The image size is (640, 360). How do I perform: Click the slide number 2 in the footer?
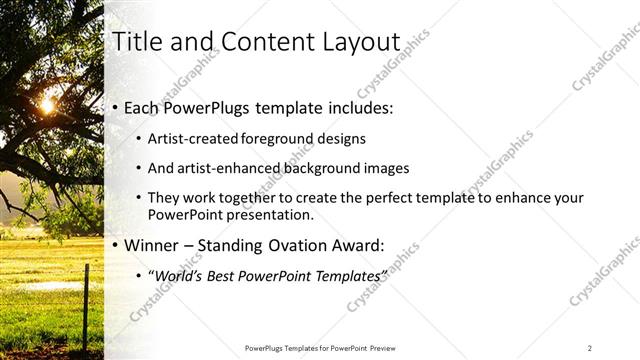coord(590,348)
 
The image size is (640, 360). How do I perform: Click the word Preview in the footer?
coord(386,348)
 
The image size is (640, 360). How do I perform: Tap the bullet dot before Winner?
coord(117,245)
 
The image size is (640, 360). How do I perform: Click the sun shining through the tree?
coord(46,105)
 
